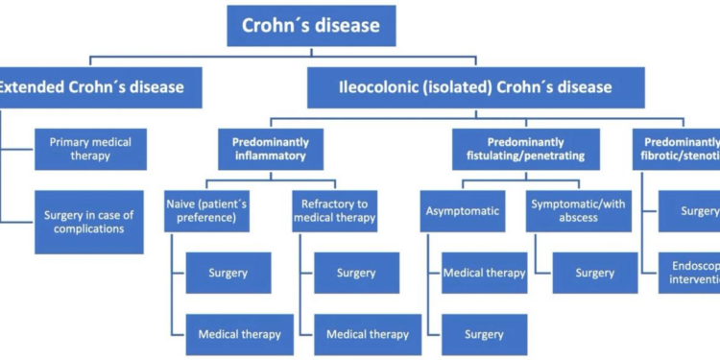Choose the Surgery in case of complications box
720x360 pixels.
(90, 221)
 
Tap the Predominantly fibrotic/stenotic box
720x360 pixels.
(681, 149)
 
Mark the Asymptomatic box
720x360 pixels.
(455, 210)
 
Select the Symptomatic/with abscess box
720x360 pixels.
(575, 210)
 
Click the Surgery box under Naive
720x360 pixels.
(228, 273)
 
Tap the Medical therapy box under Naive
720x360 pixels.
(239, 334)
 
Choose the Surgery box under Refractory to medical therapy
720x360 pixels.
(356, 273)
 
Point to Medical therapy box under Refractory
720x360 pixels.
(367, 334)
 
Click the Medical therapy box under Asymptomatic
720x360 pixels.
(484, 273)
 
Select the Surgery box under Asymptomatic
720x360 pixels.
(484, 334)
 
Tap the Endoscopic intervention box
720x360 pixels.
(688, 273)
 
